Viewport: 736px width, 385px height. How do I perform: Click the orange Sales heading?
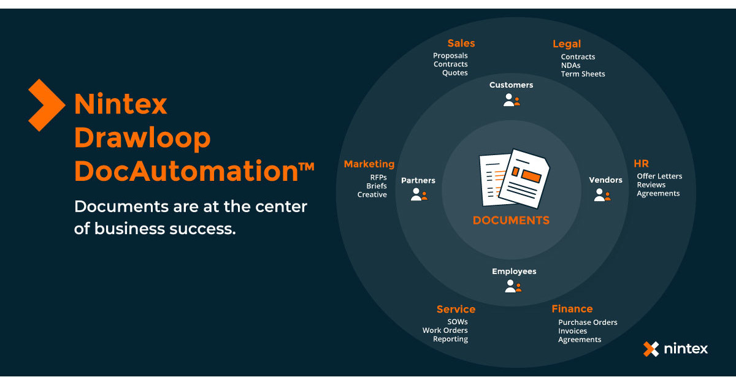(461, 43)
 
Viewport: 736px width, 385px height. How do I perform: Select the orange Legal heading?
(567, 44)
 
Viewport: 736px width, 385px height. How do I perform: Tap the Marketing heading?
(369, 164)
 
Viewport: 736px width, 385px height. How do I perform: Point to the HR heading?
(641, 164)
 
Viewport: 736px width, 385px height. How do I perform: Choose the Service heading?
(456, 309)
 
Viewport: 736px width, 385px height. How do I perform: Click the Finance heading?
(572, 308)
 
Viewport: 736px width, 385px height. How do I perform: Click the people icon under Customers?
(512, 100)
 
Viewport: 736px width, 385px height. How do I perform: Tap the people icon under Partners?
(419, 195)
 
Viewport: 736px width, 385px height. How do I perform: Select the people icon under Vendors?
(602, 195)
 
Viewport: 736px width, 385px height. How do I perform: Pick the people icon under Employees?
(513, 286)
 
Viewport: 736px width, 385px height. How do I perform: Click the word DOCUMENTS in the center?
(511, 220)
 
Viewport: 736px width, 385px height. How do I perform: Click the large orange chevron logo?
(47, 105)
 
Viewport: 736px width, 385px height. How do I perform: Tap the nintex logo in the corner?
(675, 349)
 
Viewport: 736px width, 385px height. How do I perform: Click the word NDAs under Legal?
(570, 66)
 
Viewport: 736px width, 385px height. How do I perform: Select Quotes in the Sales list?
(455, 73)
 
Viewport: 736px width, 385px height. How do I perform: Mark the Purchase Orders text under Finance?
(588, 322)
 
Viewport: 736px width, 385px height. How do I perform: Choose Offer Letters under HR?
(659, 177)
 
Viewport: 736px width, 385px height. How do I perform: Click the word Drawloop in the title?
(142, 138)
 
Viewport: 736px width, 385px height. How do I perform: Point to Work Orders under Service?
(445, 331)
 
